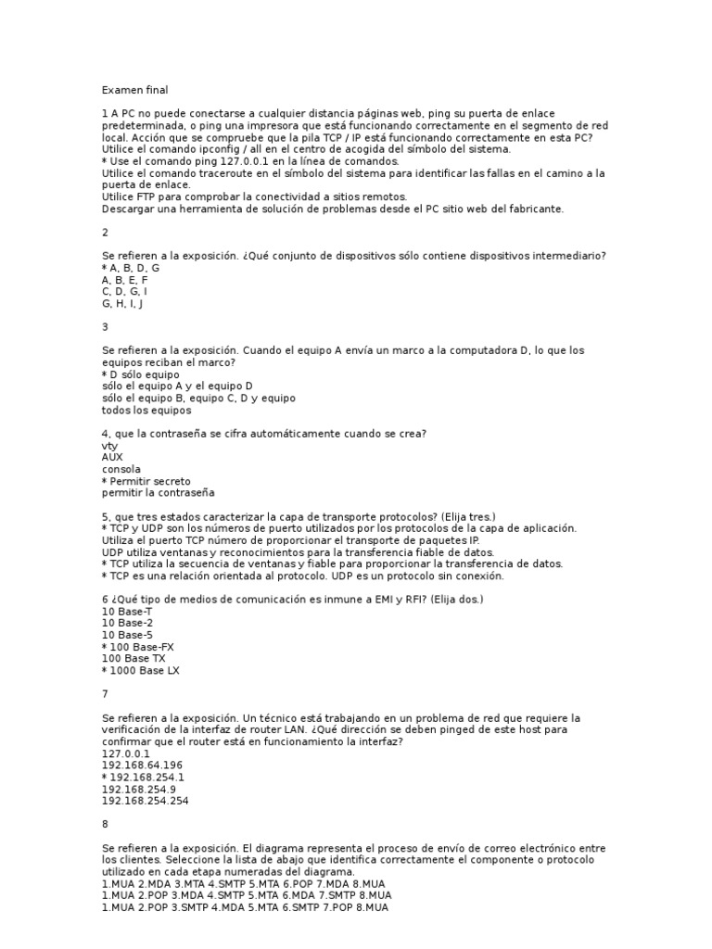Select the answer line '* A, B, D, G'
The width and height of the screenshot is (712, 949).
[x=131, y=268]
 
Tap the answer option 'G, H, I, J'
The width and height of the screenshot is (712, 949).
[x=122, y=303]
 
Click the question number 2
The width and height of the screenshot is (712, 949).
[x=105, y=232]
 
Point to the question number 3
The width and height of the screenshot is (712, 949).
[x=105, y=326]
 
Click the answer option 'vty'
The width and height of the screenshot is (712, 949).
[x=109, y=446]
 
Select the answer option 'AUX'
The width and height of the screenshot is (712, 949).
[x=111, y=457]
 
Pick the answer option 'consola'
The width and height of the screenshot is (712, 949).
[x=121, y=469]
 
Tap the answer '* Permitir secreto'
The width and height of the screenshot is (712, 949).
[x=146, y=481]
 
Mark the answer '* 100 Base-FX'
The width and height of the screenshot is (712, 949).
[x=137, y=646]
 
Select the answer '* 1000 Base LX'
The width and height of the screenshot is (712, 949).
[x=140, y=670]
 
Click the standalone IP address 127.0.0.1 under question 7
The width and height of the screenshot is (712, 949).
[x=125, y=753]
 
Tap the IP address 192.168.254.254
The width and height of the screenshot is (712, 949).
[x=145, y=801]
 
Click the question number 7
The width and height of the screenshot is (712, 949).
[x=105, y=693]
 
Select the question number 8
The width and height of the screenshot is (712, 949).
[x=105, y=823]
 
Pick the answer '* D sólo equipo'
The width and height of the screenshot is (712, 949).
[x=143, y=374]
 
